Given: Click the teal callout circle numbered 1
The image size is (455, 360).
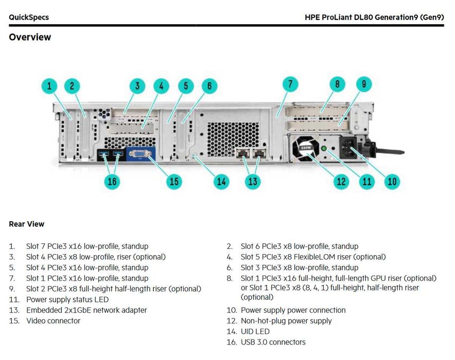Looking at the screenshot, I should [x=49, y=86].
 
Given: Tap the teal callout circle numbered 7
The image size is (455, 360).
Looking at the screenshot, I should [x=290, y=84].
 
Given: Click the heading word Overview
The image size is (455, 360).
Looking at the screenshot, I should [x=30, y=37].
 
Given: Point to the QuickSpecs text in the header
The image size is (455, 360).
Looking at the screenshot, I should [x=29, y=17].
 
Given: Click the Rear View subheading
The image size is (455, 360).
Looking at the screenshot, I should [x=26, y=224].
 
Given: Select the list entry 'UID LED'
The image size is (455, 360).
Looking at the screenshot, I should [x=255, y=332].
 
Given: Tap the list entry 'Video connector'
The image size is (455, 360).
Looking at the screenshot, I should [x=53, y=321].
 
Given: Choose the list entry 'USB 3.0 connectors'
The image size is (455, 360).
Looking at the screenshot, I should [x=273, y=343].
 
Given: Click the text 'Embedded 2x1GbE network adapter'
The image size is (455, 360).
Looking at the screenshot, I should [x=86, y=310].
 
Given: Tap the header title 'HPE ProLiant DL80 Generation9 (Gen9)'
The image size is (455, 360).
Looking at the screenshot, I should [x=374, y=17].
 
